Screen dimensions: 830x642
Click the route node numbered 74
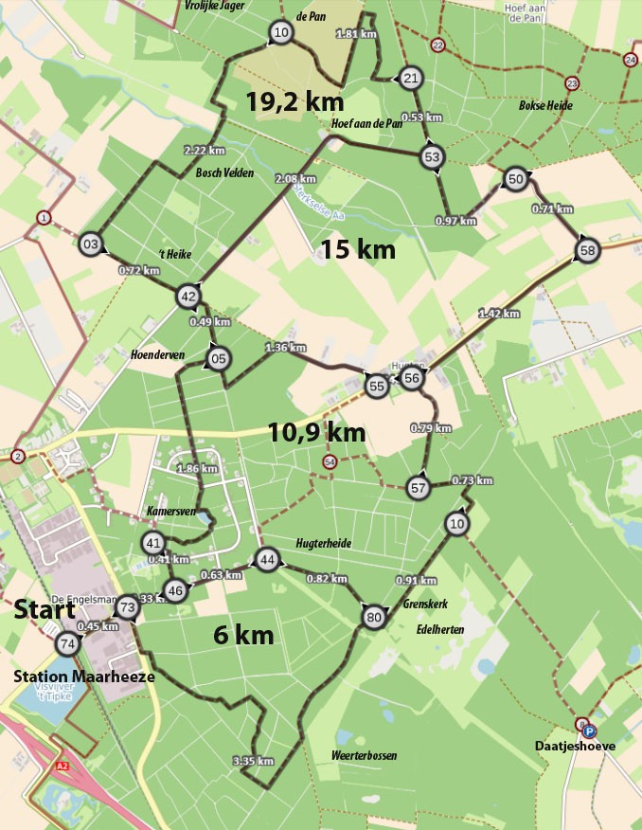pos(66,644)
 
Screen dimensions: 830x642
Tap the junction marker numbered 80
pos(372,618)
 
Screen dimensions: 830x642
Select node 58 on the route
pos(587,251)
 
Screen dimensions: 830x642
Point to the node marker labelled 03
pos(91,244)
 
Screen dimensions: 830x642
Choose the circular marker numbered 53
pos(433,156)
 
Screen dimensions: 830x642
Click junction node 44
pos(268,560)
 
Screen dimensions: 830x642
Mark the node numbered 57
pos(419,488)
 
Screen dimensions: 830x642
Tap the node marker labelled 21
pos(410,78)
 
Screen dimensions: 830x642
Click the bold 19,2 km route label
pos(294,102)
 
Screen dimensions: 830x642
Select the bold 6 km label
pos(243,635)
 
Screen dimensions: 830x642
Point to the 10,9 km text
pos(315,433)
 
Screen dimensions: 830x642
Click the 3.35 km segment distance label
pos(252,760)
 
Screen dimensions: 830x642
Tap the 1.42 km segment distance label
pos(499,314)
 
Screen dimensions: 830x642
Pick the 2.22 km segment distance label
pos(204,150)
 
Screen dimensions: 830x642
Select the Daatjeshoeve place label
pos(577,746)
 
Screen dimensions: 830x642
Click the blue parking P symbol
pos(590,731)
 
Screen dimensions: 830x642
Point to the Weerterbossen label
pos(364,755)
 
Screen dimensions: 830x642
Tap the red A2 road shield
pos(62,765)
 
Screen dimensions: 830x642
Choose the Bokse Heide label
pos(545,105)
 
